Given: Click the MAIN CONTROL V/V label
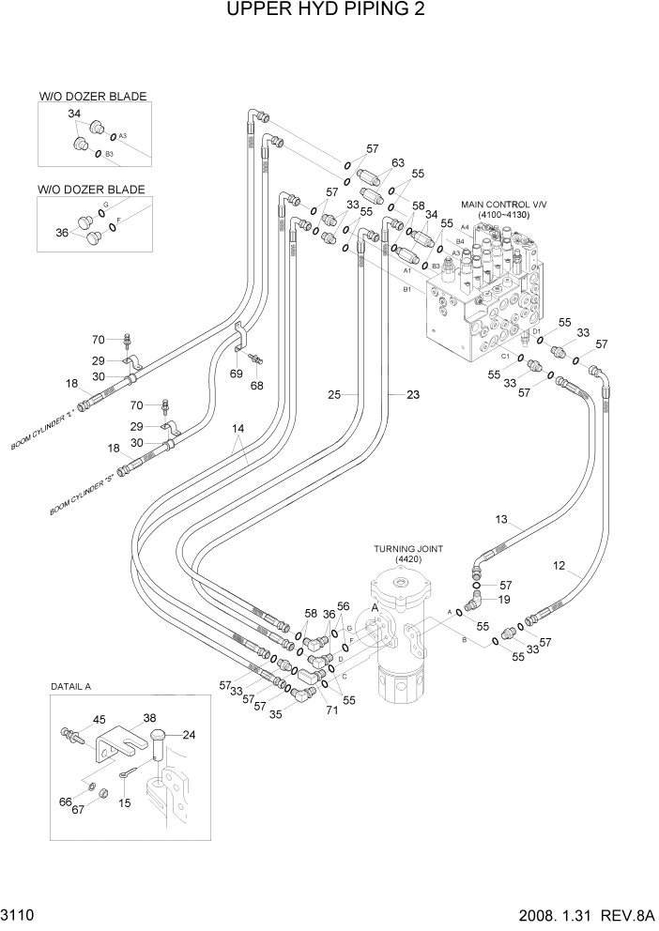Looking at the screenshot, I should click(503, 204).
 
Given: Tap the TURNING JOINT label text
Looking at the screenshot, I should click(408, 548).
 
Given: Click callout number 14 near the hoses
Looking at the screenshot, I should click(238, 429).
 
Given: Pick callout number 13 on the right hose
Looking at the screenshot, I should click(500, 519).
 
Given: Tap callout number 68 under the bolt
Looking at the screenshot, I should click(256, 385).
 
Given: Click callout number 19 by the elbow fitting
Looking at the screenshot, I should click(503, 600).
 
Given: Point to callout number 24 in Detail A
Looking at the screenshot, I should click(189, 735).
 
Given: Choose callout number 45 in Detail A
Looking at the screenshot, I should click(99, 720).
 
